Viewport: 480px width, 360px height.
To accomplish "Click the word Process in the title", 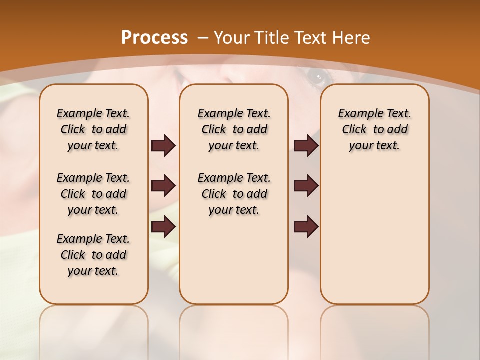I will point(154,38).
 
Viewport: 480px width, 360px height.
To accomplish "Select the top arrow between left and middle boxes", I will point(163,146).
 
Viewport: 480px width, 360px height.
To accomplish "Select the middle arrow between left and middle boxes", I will point(163,186).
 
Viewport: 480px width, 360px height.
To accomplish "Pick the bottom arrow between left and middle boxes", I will point(163,227).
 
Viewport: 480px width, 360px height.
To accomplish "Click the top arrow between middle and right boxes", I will point(306,146).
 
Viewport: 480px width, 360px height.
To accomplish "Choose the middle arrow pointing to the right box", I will point(306,186).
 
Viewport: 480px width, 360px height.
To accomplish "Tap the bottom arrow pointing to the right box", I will point(306,227).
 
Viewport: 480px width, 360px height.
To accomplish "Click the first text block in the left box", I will point(93,129).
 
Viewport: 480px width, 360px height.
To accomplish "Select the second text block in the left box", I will point(93,194).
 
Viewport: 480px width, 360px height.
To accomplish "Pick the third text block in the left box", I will point(93,255).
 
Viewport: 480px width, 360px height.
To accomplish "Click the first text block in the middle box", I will point(234,129).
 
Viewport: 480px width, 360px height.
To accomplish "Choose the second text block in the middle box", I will point(234,194).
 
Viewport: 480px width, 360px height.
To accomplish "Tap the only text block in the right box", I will point(374,129).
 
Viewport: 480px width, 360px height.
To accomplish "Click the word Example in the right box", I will point(356,113).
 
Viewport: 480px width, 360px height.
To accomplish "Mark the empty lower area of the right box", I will point(374,235).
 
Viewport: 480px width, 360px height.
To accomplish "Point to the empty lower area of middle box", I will point(234,260).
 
